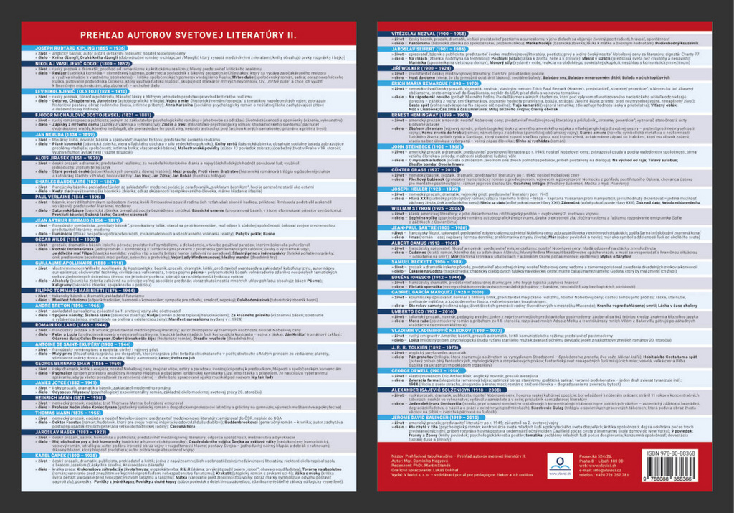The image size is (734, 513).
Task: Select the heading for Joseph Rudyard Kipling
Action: (71, 48)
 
